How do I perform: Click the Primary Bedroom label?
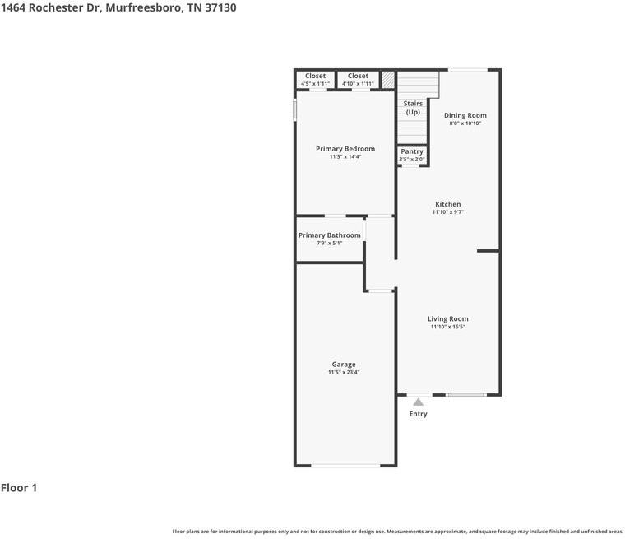(345, 149)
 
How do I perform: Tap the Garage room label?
(344, 365)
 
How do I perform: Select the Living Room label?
(447, 318)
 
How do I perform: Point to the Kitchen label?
(447, 204)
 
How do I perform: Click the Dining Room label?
(465, 115)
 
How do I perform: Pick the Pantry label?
(412, 151)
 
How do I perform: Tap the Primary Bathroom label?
(329, 235)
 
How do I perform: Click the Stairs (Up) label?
(413, 108)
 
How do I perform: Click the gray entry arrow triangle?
(418, 402)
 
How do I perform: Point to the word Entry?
(418, 414)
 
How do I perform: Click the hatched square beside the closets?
(388, 79)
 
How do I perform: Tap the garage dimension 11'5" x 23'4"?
(344, 372)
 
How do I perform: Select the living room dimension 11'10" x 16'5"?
(447, 327)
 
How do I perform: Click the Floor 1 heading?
(19, 488)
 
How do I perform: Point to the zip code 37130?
(220, 7)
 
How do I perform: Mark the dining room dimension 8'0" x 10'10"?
(465, 123)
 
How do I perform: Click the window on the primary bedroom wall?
(295, 109)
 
